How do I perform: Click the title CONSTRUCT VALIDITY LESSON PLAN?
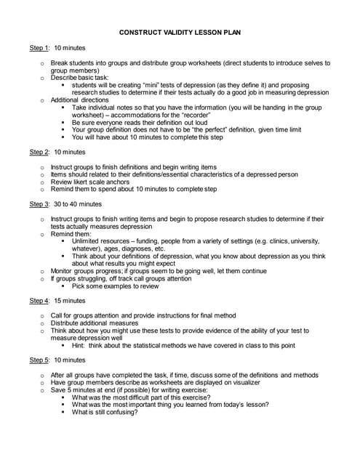point(180,33)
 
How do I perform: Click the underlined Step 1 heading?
point(39,49)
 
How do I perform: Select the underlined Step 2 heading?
point(39,153)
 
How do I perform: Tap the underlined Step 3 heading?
point(39,204)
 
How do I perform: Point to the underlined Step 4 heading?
point(39,300)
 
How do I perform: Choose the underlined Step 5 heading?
point(39,360)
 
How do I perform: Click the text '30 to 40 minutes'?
point(78,204)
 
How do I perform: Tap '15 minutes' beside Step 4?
point(70,300)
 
